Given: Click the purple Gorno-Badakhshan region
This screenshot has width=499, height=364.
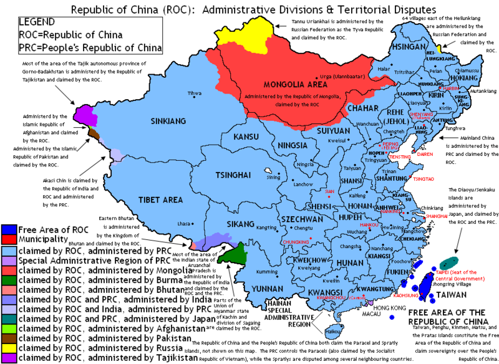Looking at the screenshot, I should [x=82, y=114].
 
